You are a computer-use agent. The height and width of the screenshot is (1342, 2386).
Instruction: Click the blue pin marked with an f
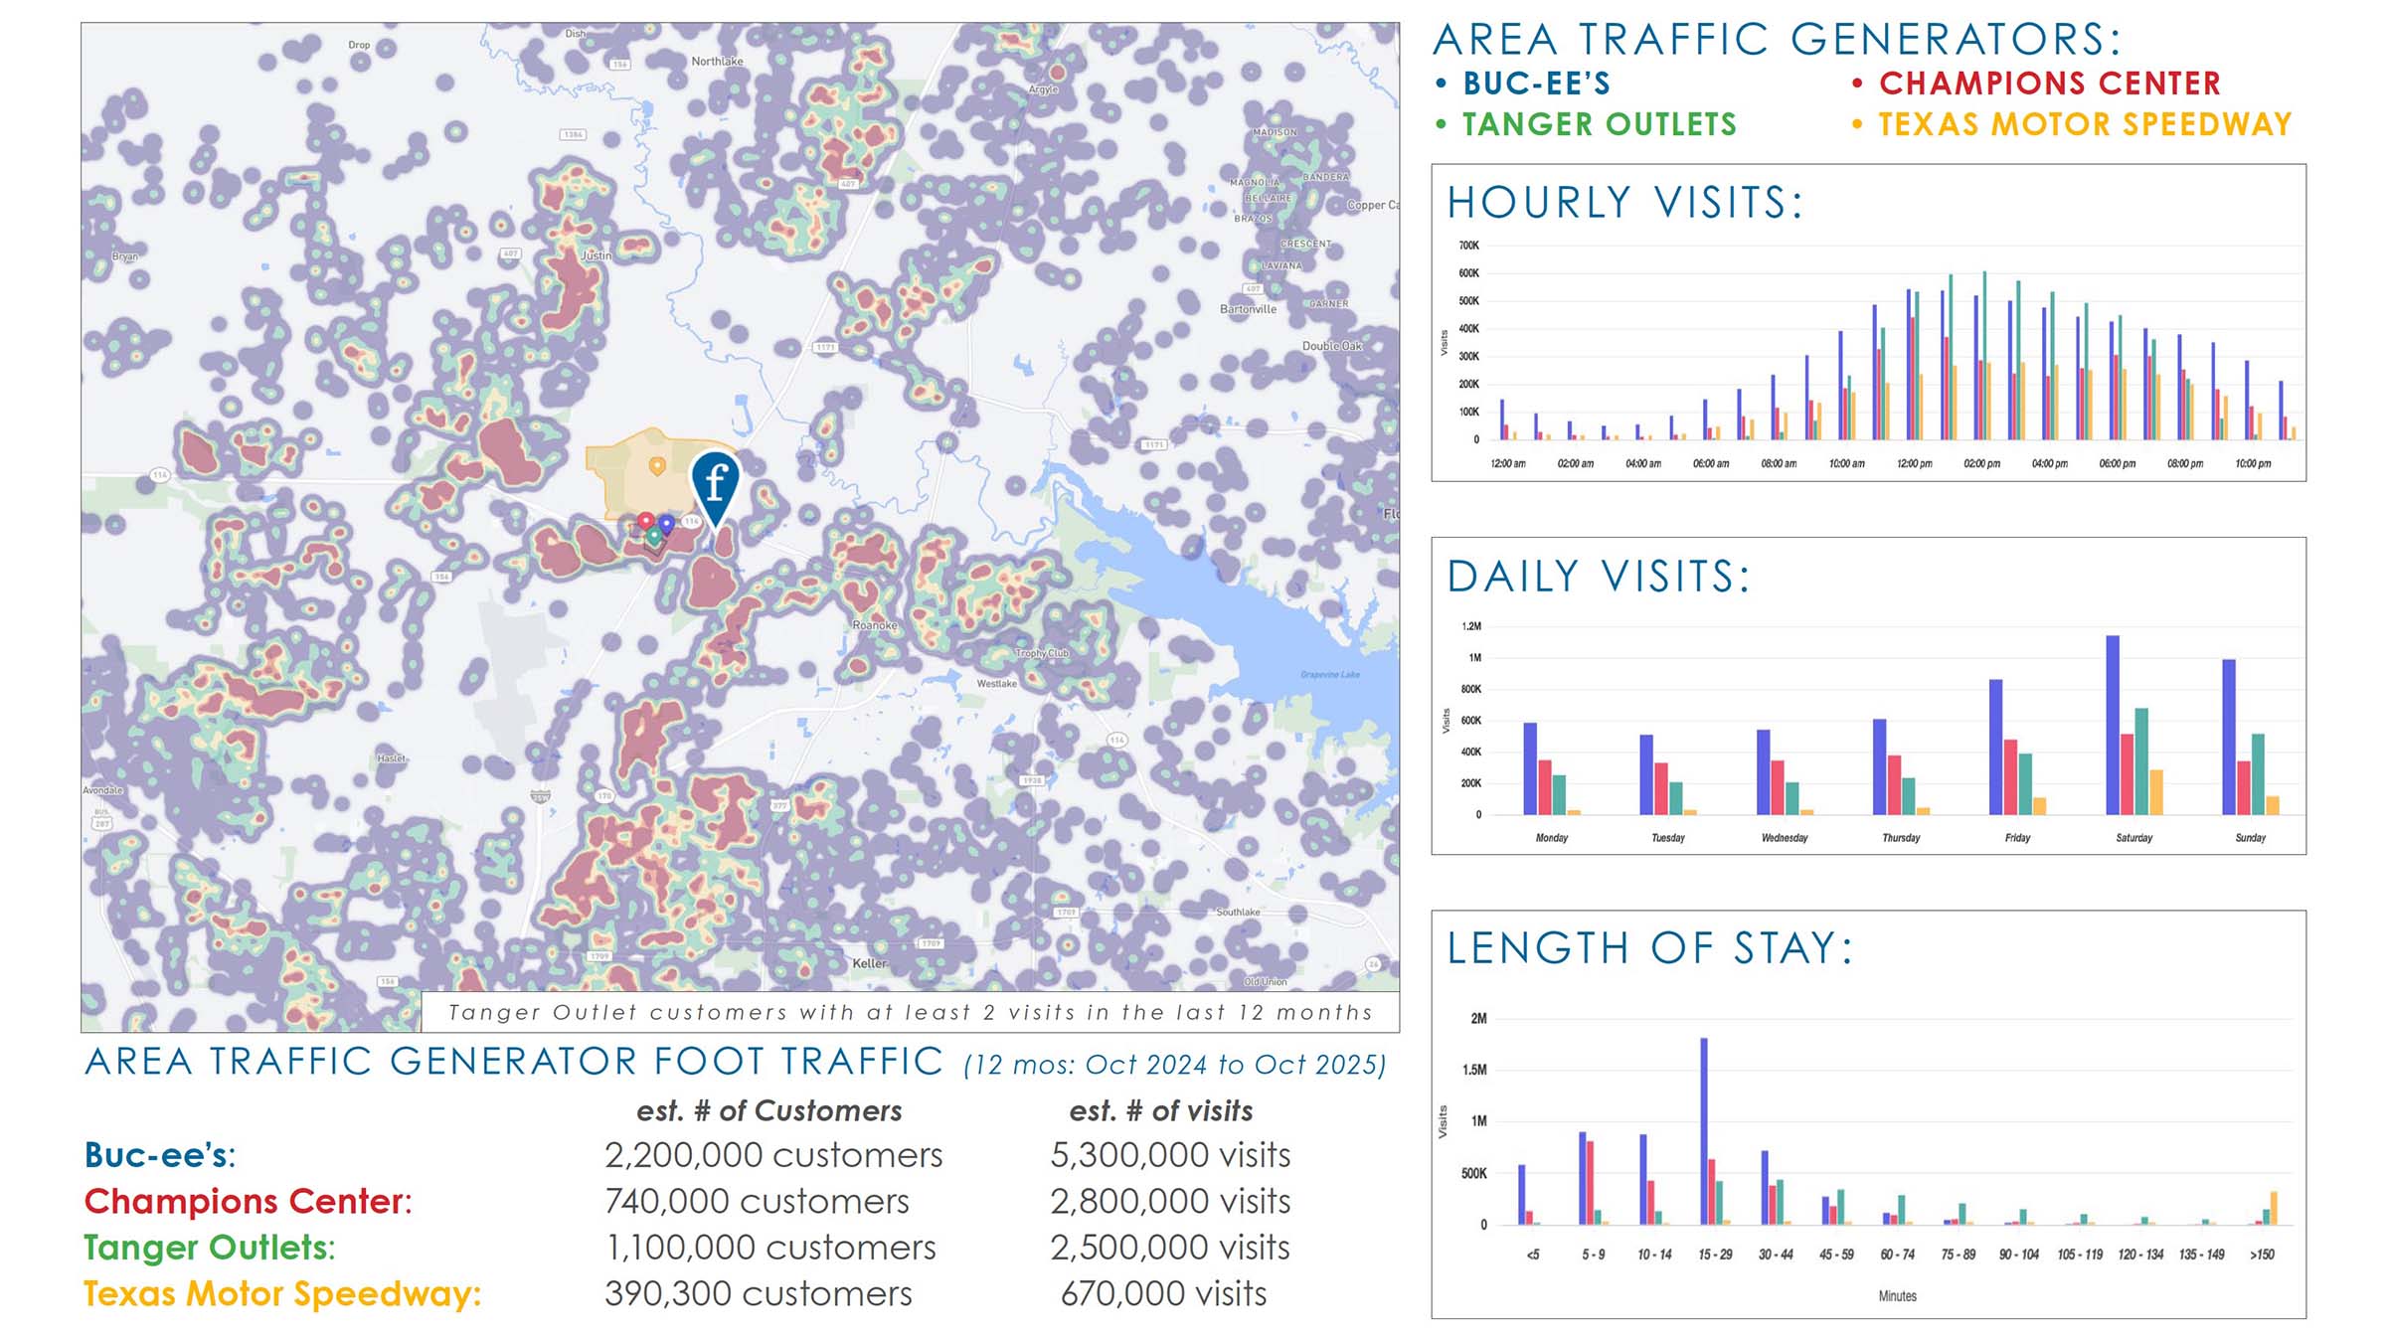[715, 484]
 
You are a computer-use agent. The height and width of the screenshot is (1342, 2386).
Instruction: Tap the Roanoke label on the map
[875, 625]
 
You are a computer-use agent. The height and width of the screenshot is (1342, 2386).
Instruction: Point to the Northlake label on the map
[717, 62]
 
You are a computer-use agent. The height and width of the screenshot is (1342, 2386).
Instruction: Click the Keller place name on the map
[869, 963]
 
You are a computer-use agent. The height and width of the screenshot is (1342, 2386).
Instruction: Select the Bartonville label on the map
[1248, 309]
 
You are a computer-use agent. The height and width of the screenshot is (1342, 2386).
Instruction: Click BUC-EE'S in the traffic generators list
[1536, 84]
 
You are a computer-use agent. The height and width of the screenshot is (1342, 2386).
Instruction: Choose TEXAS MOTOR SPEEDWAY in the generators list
[2085, 124]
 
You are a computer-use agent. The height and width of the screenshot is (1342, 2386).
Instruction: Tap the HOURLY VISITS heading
[1624, 203]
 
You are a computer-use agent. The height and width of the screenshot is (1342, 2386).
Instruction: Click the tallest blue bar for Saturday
[2113, 725]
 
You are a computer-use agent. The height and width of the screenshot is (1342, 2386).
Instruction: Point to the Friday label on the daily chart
[2017, 838]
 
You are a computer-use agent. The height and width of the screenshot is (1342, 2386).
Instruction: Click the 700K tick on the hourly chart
[1468, 246]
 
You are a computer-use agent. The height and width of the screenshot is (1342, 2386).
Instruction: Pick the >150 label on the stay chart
[2262, 1255]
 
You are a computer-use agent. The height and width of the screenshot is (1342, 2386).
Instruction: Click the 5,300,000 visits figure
[1170, 1155]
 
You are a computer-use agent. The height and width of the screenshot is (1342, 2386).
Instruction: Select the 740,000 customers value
[757, 1201]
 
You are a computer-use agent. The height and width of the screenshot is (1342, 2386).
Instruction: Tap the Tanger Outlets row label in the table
[209, 1248]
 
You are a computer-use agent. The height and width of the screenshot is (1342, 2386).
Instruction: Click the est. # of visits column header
[1160, 1110]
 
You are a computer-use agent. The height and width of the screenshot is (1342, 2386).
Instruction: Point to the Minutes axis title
[1897, 1296]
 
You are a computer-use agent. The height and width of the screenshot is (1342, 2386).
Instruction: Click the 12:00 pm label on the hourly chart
[1914, 464]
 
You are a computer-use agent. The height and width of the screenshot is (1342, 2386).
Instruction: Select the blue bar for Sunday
[2229, 737]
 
